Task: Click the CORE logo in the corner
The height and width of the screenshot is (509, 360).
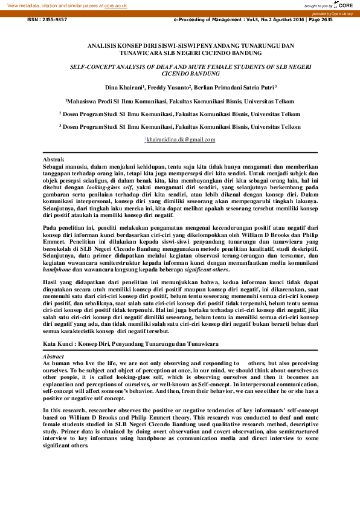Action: click(x=345, y=5)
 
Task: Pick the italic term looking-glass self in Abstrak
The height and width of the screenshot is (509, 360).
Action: click(x=113, y=187)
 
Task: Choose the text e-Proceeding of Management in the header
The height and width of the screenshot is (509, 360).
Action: click(x=203, y=19)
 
